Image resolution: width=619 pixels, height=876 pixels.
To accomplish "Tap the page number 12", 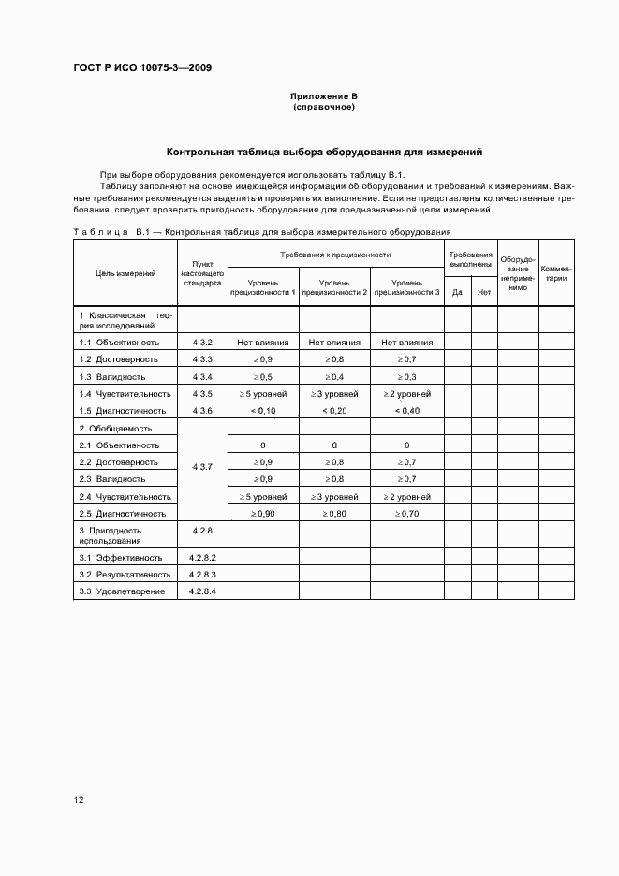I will click(x=79, y=800).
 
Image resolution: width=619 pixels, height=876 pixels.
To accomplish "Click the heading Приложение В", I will click(x=324, y=96).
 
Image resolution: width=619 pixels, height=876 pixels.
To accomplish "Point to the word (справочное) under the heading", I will click(x=324, y=107).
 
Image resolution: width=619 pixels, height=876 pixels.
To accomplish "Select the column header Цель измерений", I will click(x=125, y=273).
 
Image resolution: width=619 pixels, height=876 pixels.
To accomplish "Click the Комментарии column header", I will click(x=556, y=273).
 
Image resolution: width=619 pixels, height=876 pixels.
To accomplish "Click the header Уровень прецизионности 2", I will click(x=334, y=287).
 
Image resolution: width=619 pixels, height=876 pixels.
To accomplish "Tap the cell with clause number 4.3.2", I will click(x=203, y=343).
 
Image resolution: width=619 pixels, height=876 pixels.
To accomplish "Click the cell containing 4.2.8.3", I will click(x=203, y=574).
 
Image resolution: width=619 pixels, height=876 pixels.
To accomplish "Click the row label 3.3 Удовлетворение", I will click(x=123, y=591).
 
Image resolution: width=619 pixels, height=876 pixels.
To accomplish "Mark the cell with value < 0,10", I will click(x=263, y=410).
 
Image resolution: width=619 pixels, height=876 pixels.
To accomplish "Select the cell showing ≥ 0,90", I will click(x=263, y=513).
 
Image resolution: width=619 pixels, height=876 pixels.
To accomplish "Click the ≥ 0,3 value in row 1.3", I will click(x=406, y=376).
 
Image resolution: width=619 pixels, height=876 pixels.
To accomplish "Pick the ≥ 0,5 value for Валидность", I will click(x=263, y=376).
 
